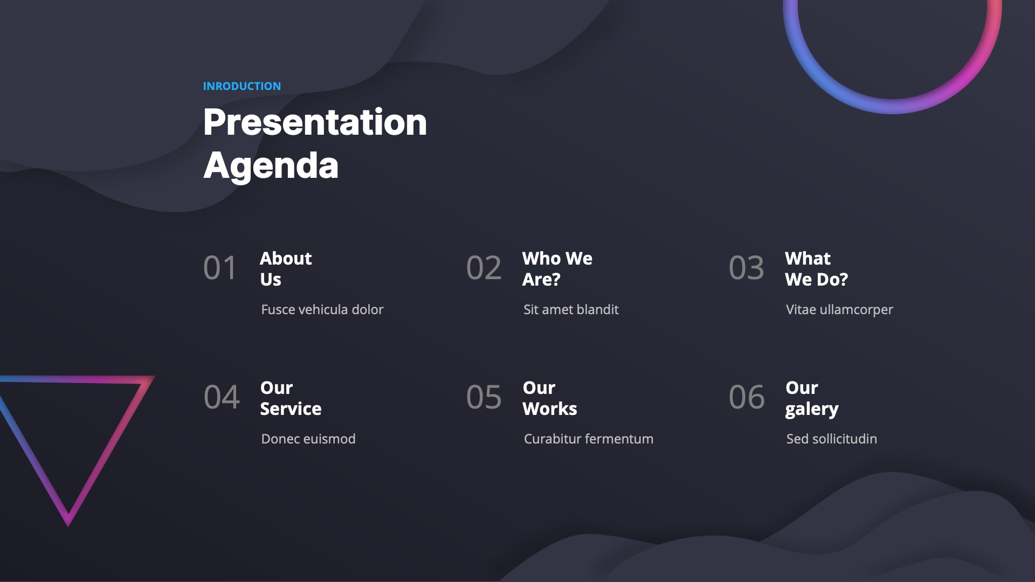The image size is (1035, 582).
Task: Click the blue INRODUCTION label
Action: [x=242, y=86]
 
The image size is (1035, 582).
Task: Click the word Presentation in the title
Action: [x=315, y=122]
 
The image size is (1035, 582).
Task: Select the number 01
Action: [x=220, y=268]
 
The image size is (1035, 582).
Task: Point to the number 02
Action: [x=484, y=268]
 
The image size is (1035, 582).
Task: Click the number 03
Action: [x=747, y=268]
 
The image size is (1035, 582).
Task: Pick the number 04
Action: [x=222, y=397]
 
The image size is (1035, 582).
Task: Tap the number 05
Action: [x=484, y=397]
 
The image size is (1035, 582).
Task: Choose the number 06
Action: [x=747, y=397]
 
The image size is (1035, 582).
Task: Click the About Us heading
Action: [x=286, y=269]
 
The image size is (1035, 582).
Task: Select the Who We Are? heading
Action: [x=557, y=269]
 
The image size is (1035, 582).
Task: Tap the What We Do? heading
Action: [x=816, y=269]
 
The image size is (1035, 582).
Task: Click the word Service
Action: [x=291, y=409]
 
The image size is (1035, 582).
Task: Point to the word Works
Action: [x=550, y=409]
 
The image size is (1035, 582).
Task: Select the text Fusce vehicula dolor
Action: [x=322, y=309]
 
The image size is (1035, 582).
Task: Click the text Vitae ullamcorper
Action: [x=839, y=310]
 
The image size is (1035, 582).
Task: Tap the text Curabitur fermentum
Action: [x=589, y=439]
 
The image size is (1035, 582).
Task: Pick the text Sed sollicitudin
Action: [x=832, y=439]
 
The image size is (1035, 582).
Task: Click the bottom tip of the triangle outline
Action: [x=68, y=525]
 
